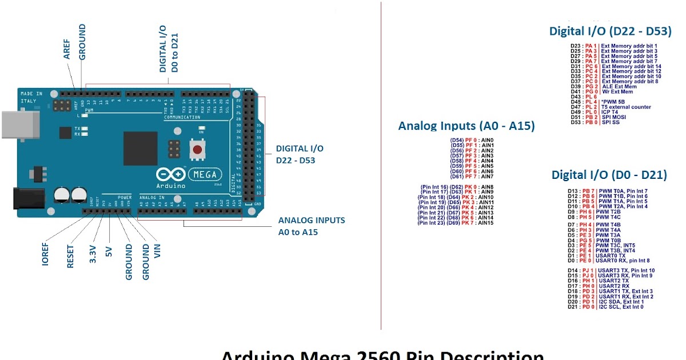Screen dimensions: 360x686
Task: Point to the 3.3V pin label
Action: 93,253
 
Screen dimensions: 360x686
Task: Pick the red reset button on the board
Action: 197,150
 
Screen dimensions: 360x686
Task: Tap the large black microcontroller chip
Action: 140,149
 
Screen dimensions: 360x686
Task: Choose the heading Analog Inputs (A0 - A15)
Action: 466,126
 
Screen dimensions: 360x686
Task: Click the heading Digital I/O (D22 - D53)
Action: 610,31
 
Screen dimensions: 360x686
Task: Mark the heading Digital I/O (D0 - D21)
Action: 609,174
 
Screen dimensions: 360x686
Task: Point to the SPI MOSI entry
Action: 616,117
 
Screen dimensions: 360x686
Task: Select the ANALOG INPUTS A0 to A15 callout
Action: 312,226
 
